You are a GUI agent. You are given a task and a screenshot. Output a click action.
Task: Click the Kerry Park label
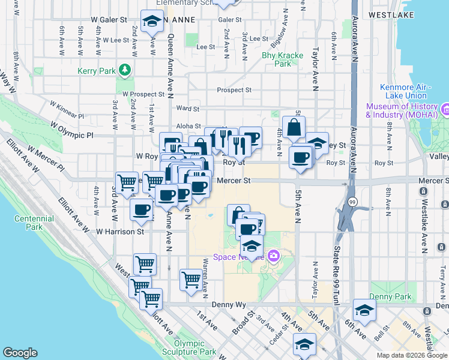tap(96, 71)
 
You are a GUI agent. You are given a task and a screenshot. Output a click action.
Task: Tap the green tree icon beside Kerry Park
tap(125, 71)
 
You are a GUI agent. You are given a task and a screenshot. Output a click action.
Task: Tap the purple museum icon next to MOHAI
tap(445, 110)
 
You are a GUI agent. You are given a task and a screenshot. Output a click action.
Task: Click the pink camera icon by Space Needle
tap(274, 256)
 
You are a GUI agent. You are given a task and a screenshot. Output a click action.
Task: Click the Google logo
tap(20, 353)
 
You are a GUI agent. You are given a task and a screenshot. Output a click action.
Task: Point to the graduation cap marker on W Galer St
tap(152, 22)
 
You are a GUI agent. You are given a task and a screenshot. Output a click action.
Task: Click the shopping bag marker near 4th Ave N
tap(294, 128)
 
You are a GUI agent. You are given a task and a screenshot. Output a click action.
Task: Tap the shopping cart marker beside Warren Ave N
tap(191, 280)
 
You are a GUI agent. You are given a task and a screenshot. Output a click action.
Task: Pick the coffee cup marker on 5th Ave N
tap(300, 158)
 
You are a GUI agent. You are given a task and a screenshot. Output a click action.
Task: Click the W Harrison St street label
tap(120, 231)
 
